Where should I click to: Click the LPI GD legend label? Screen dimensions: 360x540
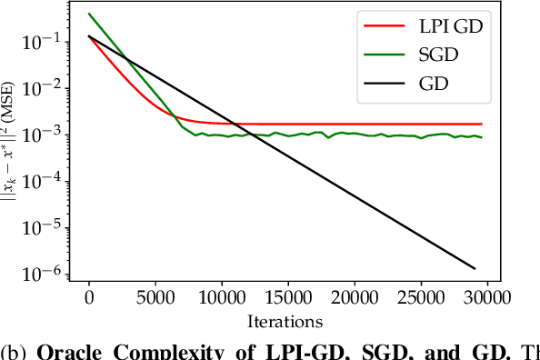452,27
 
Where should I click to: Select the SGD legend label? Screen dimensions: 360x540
439,55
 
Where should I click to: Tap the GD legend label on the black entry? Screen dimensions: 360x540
433,84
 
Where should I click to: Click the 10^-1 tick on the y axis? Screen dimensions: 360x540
46,41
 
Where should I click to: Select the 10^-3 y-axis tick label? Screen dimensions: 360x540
46,134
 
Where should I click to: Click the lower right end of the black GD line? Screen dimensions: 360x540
475,268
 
